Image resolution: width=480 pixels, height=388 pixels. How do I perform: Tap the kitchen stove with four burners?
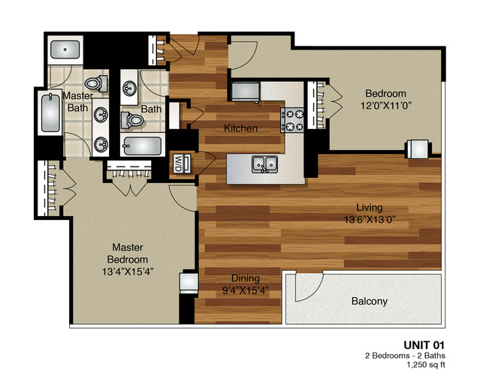point(292,120)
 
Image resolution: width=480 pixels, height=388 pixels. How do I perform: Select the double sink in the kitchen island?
point(265,164)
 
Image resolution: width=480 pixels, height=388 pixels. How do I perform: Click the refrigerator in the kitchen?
point(245,92)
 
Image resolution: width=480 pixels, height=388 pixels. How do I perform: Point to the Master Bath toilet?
point(96,83)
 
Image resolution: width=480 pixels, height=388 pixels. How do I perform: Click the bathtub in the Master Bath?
point(50,113)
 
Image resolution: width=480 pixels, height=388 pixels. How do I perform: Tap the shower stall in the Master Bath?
point(65,50)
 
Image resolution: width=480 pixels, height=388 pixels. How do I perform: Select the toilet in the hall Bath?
point(132,120)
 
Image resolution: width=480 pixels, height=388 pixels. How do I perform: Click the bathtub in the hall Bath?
point(142,146)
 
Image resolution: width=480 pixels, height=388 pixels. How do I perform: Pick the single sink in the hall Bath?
point(129,88)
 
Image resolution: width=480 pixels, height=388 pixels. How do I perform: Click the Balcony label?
point(370,301)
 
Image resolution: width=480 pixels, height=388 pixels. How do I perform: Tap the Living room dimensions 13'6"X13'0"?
point(370,220)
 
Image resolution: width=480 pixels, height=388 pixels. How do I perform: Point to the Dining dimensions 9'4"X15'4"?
point(246,290)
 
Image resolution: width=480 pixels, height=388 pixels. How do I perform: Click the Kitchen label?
point(240,128)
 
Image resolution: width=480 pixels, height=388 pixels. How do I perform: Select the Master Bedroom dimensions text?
point(128,272)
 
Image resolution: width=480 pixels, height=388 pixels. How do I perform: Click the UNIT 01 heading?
point(424,345)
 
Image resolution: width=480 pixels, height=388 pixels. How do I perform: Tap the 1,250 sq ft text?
point(425,365)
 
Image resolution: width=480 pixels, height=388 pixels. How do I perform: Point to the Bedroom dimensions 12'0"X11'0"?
point(385,106)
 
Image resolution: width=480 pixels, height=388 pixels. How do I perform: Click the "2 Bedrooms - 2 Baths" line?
point(405,356)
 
